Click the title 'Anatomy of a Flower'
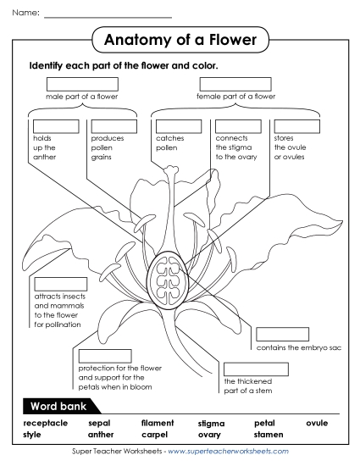(x=179, y=40)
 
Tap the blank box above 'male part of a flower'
(x=82, y=84)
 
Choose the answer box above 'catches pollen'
(x=179, y=126)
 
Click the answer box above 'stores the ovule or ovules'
(x=296, y=126)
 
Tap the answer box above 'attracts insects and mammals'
(x=60, y=284)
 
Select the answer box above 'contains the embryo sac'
(x=282, y=334)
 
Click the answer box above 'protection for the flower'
(x=105, y=356)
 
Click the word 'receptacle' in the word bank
(x=46, y=422)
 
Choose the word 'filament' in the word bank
(x=158, y=422)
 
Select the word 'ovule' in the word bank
(x=317, y=422)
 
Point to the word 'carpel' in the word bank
(x=155, y=434)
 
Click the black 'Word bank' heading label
(x=58, y=402)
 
